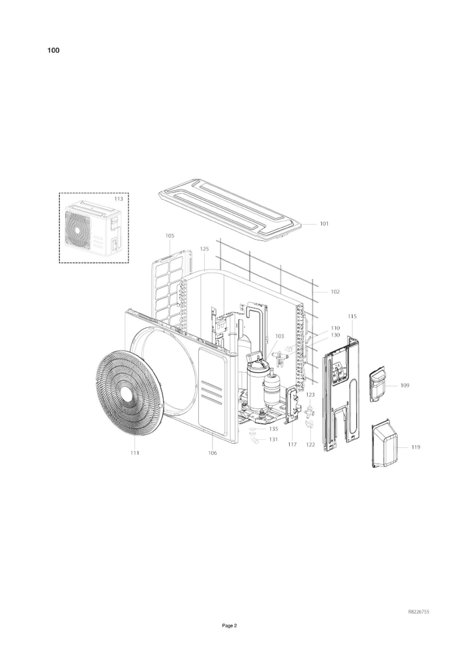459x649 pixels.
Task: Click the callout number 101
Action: click(x=324, y=224)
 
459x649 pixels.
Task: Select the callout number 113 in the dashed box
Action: click(x=118, y=199)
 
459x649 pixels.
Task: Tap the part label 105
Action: click(x=170, y=236)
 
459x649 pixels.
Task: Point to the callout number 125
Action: click(x=204, y=249)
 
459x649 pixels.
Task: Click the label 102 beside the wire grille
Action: click(x=335, y=291)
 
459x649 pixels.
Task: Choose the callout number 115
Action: click(x=352, y=316)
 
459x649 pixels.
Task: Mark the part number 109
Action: click(x=405, y=385)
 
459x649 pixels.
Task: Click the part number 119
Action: click(x=416, y=447)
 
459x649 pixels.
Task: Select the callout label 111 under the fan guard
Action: click(x=135, y=453)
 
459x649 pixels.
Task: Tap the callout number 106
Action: click(x=212, y=453)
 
